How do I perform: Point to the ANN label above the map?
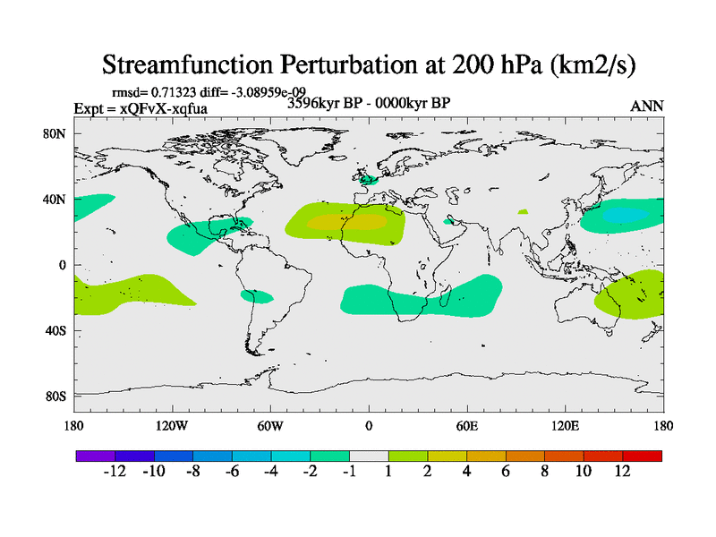(x=647, y=106)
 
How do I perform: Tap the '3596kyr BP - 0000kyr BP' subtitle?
(x=368, y=103)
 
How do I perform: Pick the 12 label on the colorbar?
(x=623, y=472)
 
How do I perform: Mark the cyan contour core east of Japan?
(x=621, y=215)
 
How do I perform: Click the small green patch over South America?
(x=258, y=296)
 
